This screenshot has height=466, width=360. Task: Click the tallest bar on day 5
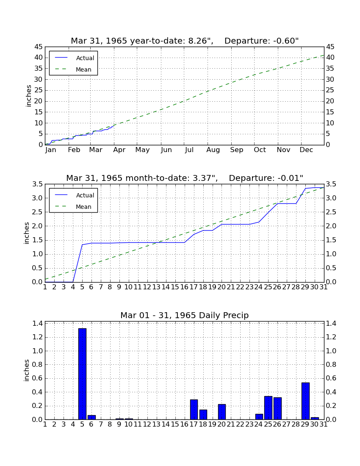82,374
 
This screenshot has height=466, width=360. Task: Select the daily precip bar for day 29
305,401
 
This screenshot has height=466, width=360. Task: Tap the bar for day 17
194,410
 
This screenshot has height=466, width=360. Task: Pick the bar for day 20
222,412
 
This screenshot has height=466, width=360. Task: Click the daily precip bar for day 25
268,408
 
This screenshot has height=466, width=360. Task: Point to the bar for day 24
259,417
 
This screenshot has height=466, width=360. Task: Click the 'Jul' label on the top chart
189,150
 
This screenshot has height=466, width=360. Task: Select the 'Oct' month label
260,150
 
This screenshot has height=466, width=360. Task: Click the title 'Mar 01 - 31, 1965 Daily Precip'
185,315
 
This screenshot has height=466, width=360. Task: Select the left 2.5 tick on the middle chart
38,212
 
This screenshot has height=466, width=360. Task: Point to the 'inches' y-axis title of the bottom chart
27,370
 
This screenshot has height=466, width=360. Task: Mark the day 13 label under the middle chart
157,287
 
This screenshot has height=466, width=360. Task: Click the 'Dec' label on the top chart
306,150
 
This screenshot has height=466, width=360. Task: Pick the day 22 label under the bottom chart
240,424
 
